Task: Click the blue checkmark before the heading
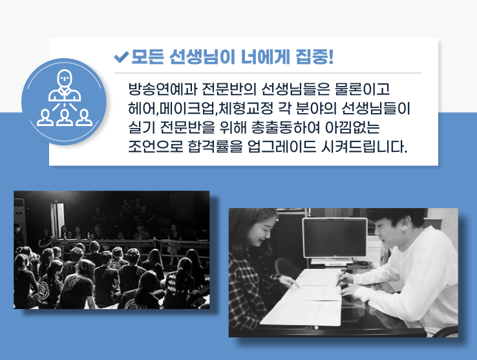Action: click(x=122, y=57)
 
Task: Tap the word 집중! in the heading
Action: click(x=315, y=57)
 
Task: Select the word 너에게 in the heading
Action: click(x=264, y=57)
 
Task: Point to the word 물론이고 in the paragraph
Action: click(x=362, y=89)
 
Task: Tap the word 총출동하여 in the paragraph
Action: click(x=286, y=127)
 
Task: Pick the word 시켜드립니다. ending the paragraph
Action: click(x=364, y=146)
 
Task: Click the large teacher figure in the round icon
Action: click(x=65, y=85)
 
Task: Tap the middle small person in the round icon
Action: click(x=65, y=118)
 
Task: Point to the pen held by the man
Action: click(x=341, y=279)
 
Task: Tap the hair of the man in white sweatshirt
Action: click(x=396, y=217)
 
